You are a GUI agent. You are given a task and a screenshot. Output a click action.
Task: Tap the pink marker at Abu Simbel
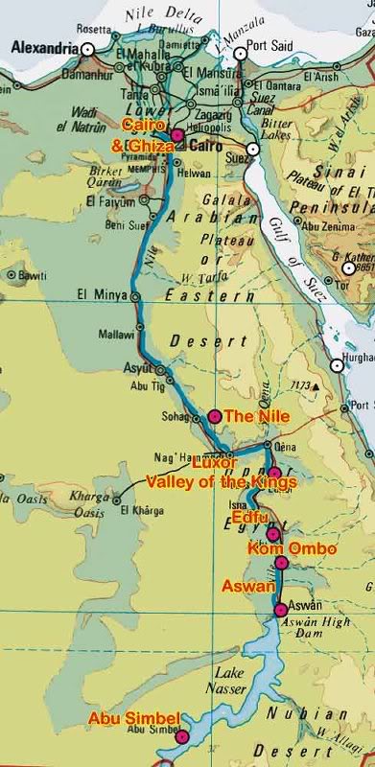(183, 737)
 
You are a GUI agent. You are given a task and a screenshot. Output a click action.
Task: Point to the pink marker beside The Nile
(214, 416)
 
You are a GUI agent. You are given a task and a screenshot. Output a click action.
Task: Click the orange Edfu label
(252, 515)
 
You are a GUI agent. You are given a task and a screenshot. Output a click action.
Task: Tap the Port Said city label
(271, 41)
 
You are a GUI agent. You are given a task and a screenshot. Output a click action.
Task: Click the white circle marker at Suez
(253, 150)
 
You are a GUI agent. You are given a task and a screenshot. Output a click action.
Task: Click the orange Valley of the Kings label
(221, 481)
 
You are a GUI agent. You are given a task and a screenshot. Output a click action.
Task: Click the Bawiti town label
(32, 273)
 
